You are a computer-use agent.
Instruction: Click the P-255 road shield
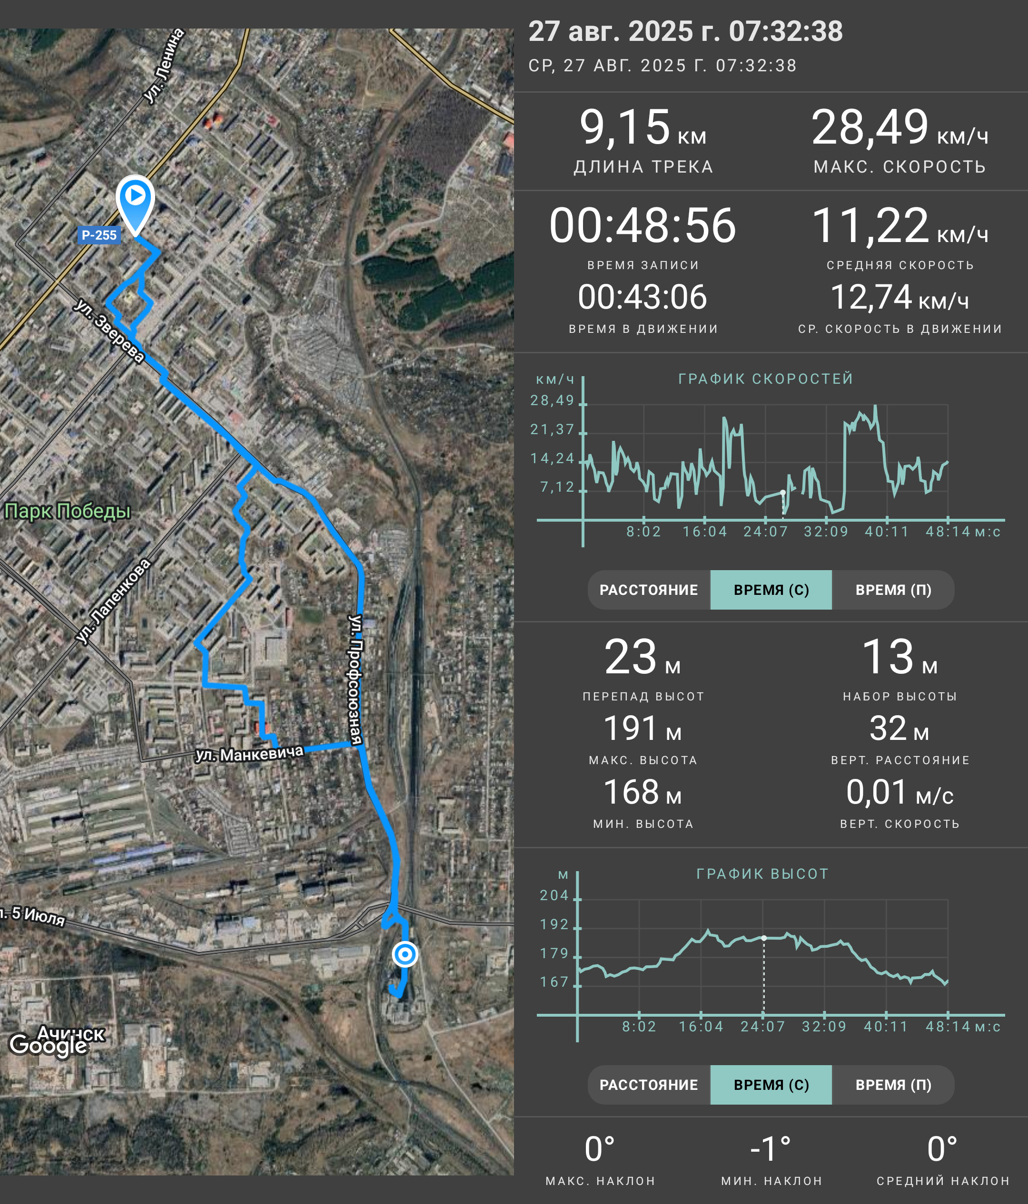click(99, 235)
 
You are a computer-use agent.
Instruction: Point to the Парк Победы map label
click(68, 511)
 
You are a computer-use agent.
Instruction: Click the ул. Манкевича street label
click(249, 754)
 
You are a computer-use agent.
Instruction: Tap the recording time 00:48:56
click(642, 225)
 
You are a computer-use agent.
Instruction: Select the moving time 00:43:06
click(642, 297)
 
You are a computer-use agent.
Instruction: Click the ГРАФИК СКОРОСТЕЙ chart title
click(766, 379)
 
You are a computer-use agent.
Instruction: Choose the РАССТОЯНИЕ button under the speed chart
click(649, 590)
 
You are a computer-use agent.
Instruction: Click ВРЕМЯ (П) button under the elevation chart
click(893, 1085)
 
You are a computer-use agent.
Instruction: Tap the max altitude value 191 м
click(642, 728)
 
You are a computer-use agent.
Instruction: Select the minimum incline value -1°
click(771, 1149)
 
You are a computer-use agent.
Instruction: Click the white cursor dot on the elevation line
click(764, 938)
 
